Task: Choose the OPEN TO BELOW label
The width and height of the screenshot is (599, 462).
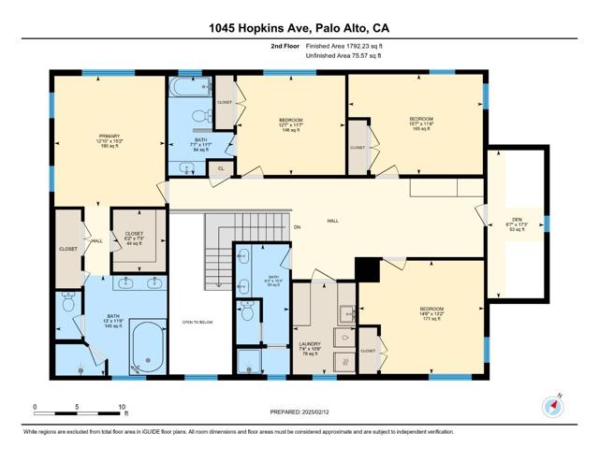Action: [199, 323]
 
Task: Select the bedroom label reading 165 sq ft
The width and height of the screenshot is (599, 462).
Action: [421, 123]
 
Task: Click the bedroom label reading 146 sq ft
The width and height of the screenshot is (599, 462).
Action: [291, 124]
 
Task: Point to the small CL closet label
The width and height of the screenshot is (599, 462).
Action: [221, 168]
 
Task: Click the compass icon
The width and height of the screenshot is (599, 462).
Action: [553, 407]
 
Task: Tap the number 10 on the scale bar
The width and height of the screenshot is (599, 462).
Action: [122, 406]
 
